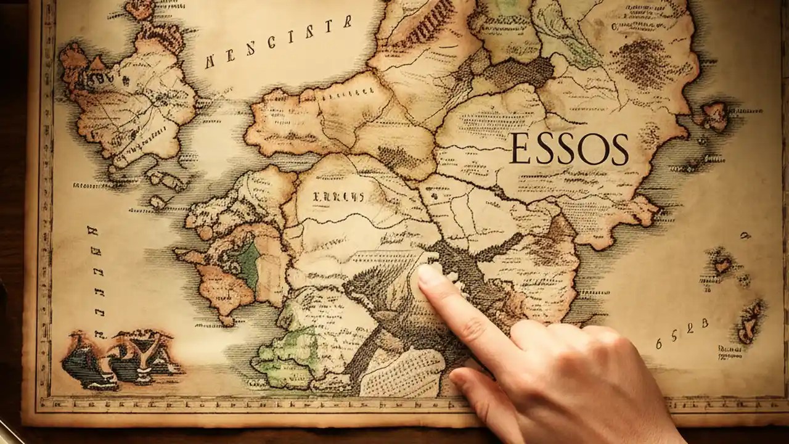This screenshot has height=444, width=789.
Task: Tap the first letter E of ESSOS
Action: pyautogui.click(x=520, y=149)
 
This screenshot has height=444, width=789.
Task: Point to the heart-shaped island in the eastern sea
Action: pyautogui.click(x=722, y=266)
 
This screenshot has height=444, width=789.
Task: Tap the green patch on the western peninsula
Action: pyautogui.click(x=248, y=263)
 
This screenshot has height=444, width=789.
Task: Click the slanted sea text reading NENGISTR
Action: pyautogui.click(x=279, y=43)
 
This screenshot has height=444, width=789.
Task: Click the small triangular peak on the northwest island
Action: pyautogui.click(x=97, y=63)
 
